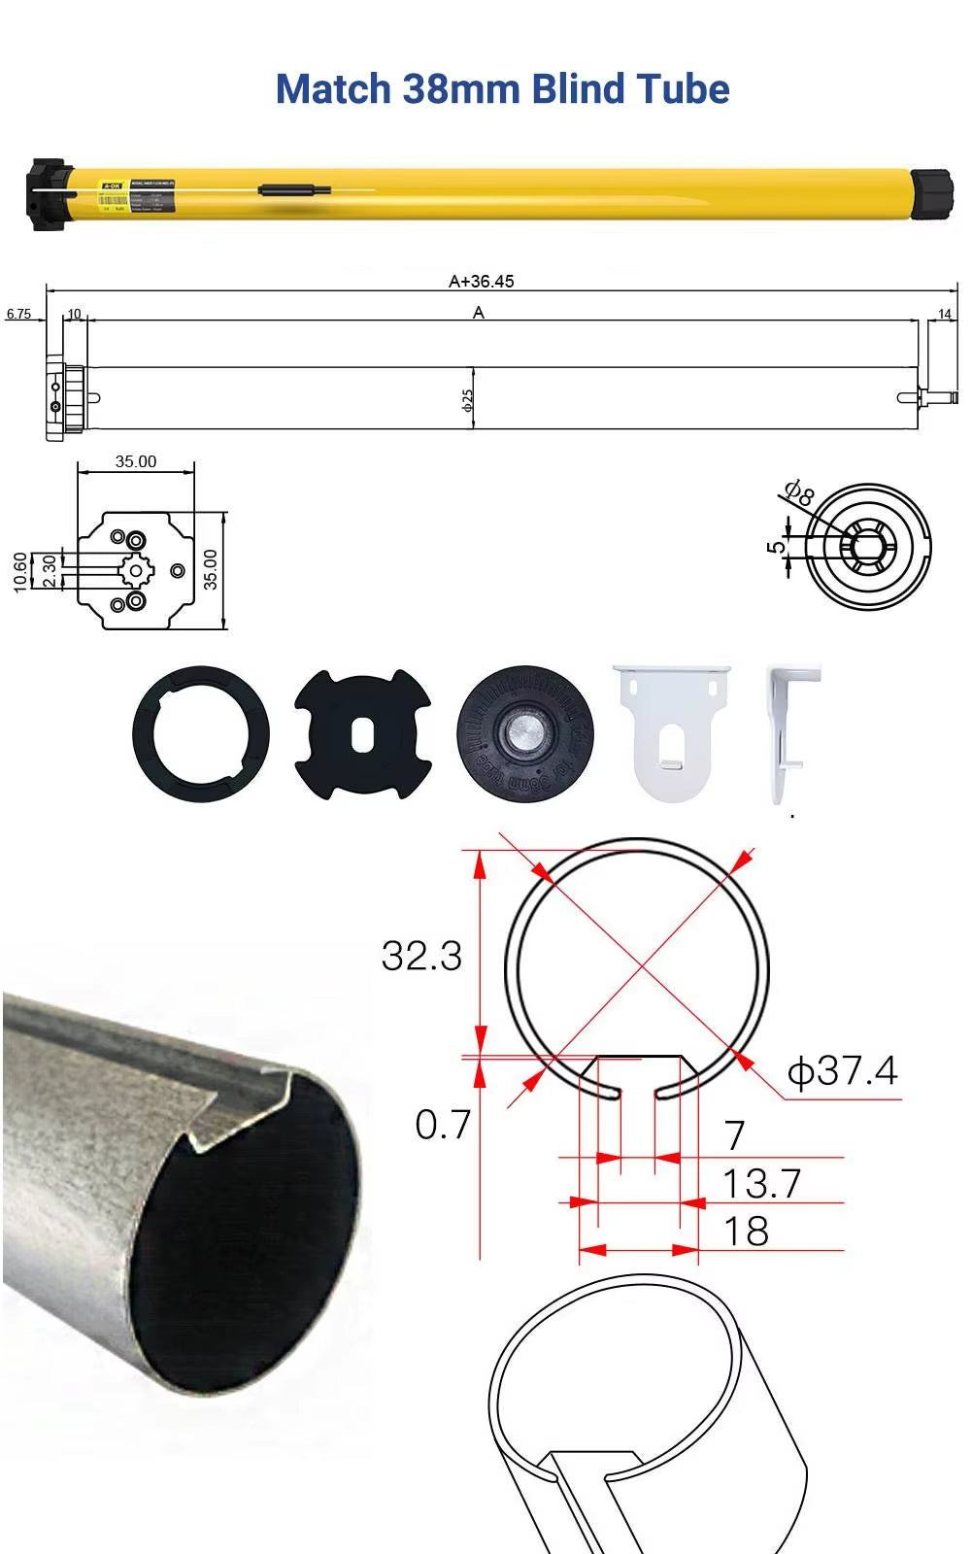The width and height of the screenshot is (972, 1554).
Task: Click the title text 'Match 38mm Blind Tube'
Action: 502,89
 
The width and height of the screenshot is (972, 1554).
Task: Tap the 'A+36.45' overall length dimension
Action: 481,281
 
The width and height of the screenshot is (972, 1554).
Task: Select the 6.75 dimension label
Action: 18,314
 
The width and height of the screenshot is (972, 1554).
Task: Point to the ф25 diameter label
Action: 468,400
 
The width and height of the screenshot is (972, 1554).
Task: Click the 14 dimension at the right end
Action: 944,314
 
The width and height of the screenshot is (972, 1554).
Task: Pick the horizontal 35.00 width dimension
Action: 135,461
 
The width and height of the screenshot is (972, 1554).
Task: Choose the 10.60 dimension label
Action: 20,571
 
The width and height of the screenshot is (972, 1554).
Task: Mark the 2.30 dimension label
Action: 49,571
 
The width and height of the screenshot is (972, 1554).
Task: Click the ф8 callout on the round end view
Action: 799,493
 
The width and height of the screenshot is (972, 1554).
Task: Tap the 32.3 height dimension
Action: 421,956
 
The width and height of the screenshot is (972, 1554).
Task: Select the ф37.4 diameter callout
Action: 842,1071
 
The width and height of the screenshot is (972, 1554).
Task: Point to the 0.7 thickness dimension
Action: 443,1125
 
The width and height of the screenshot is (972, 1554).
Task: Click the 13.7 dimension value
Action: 761,1184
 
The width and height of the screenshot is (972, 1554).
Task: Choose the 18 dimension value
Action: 746,1232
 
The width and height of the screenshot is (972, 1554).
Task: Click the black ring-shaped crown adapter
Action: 201,733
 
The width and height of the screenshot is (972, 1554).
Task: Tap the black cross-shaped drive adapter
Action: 362,734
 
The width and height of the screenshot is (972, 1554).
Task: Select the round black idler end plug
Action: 524,733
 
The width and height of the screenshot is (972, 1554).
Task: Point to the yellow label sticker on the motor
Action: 114,194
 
